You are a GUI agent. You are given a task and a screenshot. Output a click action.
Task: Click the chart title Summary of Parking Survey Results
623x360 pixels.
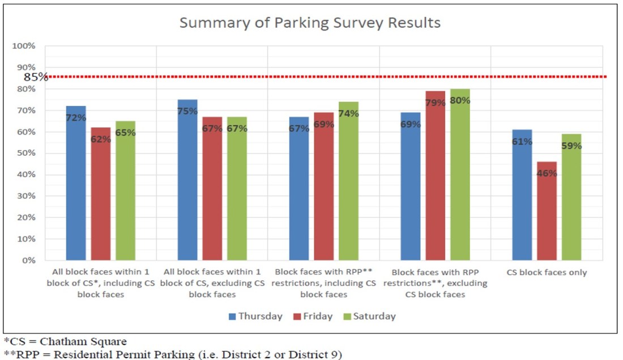(310, 23)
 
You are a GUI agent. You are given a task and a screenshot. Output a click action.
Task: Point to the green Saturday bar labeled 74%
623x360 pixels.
(348, 181)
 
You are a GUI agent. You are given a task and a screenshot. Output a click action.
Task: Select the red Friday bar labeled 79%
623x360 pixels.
(435, 175)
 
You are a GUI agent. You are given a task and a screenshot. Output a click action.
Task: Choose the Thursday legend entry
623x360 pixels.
(254, 316)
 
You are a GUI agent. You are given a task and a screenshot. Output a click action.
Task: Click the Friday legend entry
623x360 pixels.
(312, 316)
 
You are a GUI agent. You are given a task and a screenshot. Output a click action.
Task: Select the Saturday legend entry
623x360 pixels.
(368, 316)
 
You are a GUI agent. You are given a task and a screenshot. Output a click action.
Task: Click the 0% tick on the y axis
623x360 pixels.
(28, 260)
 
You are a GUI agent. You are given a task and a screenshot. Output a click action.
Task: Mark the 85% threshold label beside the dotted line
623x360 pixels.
(35, 77)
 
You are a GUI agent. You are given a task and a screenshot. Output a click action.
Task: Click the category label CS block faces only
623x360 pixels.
(547, 272)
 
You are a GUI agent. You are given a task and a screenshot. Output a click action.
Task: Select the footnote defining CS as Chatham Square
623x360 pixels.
(66, 342)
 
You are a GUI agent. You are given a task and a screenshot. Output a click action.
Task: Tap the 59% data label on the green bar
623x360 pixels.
(571, 145)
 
